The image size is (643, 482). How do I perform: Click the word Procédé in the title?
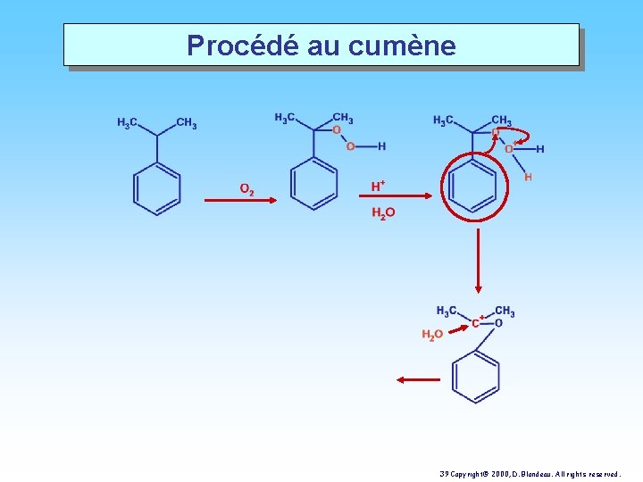[243, 45]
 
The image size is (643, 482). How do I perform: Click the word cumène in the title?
[402, 46]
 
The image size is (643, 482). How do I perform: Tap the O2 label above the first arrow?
[246, 189]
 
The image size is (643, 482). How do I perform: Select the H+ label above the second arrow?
[378, 186]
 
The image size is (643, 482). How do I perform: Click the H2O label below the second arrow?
[383, 213]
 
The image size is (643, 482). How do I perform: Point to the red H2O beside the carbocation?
[432, 335]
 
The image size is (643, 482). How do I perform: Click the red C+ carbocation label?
[478, 322]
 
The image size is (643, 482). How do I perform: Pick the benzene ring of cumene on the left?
[156, 189]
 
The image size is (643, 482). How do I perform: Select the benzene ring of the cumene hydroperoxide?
[313, 184]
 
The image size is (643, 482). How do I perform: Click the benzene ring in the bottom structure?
[476, 377]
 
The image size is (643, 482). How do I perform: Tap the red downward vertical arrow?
[478, 261]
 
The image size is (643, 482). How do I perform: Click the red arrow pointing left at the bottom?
[418, 380]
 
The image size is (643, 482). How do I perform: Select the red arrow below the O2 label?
[241, 200]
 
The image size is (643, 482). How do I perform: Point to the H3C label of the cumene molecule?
[127, 122]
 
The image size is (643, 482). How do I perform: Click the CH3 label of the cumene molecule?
[187, 123]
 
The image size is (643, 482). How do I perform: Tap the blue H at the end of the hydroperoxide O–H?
[382, 146]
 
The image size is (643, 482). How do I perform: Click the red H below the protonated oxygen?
[528, 177]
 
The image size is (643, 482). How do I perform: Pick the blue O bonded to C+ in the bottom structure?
[498, 323]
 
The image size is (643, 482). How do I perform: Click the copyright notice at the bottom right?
[530, 474]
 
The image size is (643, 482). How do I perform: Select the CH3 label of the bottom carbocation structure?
[505, 312]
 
